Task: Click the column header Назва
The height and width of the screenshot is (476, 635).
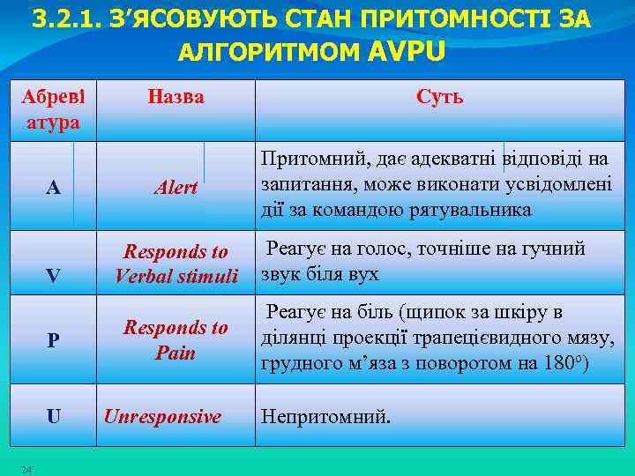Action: click(x=176, y=97)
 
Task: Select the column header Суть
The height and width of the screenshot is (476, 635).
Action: click(x=439, y=97)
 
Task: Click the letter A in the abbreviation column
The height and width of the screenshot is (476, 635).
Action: click(x=53, y=188)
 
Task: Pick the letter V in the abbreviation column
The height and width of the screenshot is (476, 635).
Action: click(x=53, y=276)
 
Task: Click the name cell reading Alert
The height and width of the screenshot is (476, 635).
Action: click(x=176, y=188)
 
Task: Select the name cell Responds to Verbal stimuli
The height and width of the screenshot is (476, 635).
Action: click(x=176, y=264)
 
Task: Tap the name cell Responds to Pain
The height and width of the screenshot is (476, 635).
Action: click(x=176, y=340)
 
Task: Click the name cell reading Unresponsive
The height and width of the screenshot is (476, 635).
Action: click(x=162, y=416)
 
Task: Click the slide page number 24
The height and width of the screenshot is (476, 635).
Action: click(x=26, y=469)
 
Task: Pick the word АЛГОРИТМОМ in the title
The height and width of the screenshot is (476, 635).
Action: click(x=269, y=53)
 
